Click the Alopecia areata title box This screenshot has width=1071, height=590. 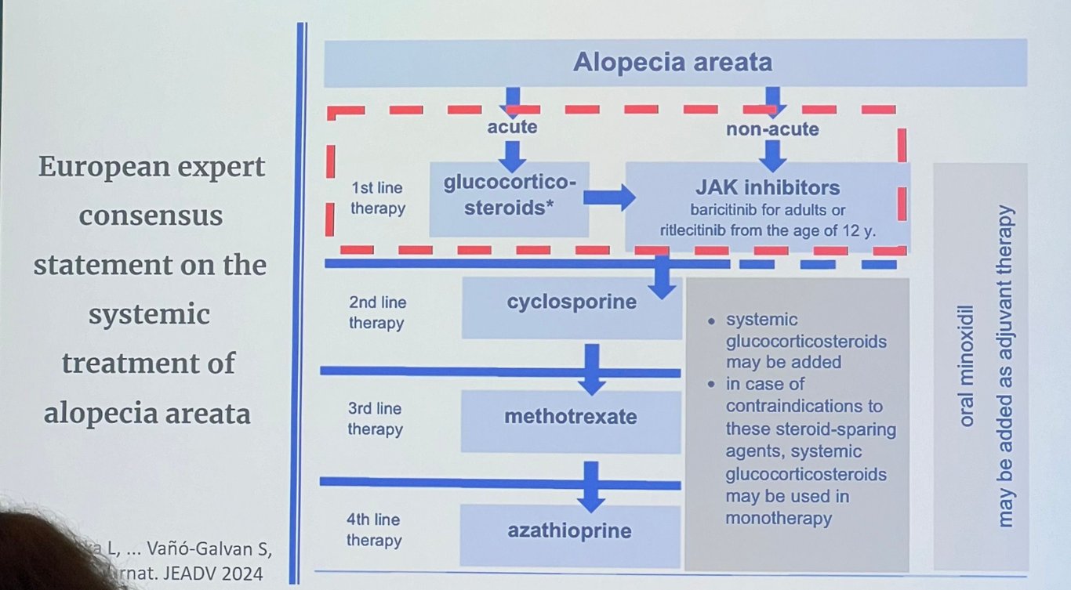(x=674, y=63)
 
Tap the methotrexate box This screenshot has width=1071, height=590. (x=570, y=417)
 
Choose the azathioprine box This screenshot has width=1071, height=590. (x=569, y=531)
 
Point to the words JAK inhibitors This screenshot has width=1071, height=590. (x=767, y=188)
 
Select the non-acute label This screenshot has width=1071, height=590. (x=772, y=129)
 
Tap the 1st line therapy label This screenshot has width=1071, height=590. (x=378, y=200)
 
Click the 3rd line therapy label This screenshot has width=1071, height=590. (x=375, y=418)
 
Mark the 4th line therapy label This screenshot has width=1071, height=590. (x=374, y=530)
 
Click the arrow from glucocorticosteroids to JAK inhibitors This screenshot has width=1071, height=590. (x=609, y=197)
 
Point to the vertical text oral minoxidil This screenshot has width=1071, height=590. (x=967, y=365)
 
